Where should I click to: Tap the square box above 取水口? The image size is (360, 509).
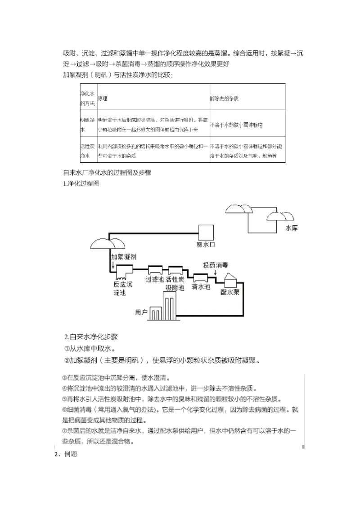point(206,232)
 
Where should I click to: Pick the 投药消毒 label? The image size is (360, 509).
point(217,265)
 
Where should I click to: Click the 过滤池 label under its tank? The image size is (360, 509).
point(155,279)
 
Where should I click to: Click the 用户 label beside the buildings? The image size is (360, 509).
point(142,312)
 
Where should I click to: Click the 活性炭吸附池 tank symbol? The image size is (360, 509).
point(176,270)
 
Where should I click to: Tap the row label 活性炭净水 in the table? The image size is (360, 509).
point(87,151)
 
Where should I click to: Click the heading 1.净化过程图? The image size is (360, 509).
point(81,184)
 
